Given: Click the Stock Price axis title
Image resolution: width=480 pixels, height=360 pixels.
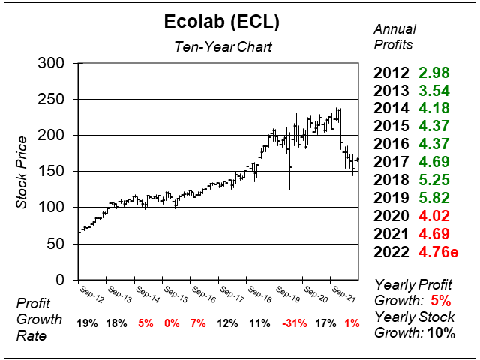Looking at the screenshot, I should [x=22, y=172].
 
